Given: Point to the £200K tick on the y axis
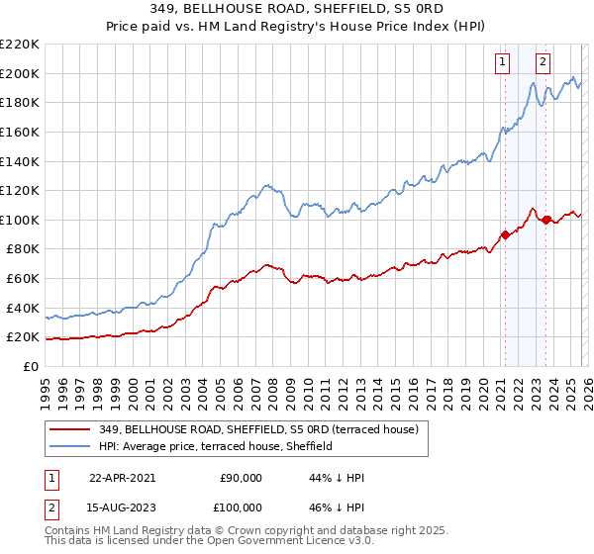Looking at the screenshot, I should click(x=19, y=73).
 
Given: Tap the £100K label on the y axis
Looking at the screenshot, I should click(x=19, y=220).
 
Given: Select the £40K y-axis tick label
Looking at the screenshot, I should click(x=23, y=308).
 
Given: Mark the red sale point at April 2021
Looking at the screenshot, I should click(x=505, y=234).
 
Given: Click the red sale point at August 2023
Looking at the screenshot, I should click(x=545, y=220).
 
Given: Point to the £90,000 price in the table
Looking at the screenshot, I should click(x=240, y=478).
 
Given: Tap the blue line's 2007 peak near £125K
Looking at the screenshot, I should click(x=266, y=184).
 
